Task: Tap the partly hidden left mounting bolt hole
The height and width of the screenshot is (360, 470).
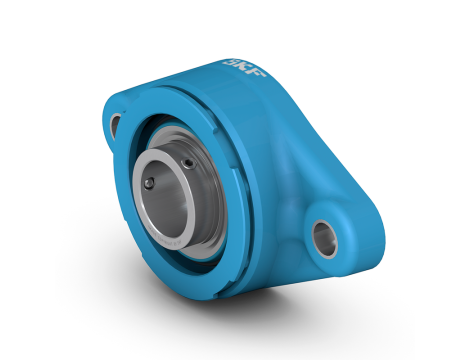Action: [x=117, y=124]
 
